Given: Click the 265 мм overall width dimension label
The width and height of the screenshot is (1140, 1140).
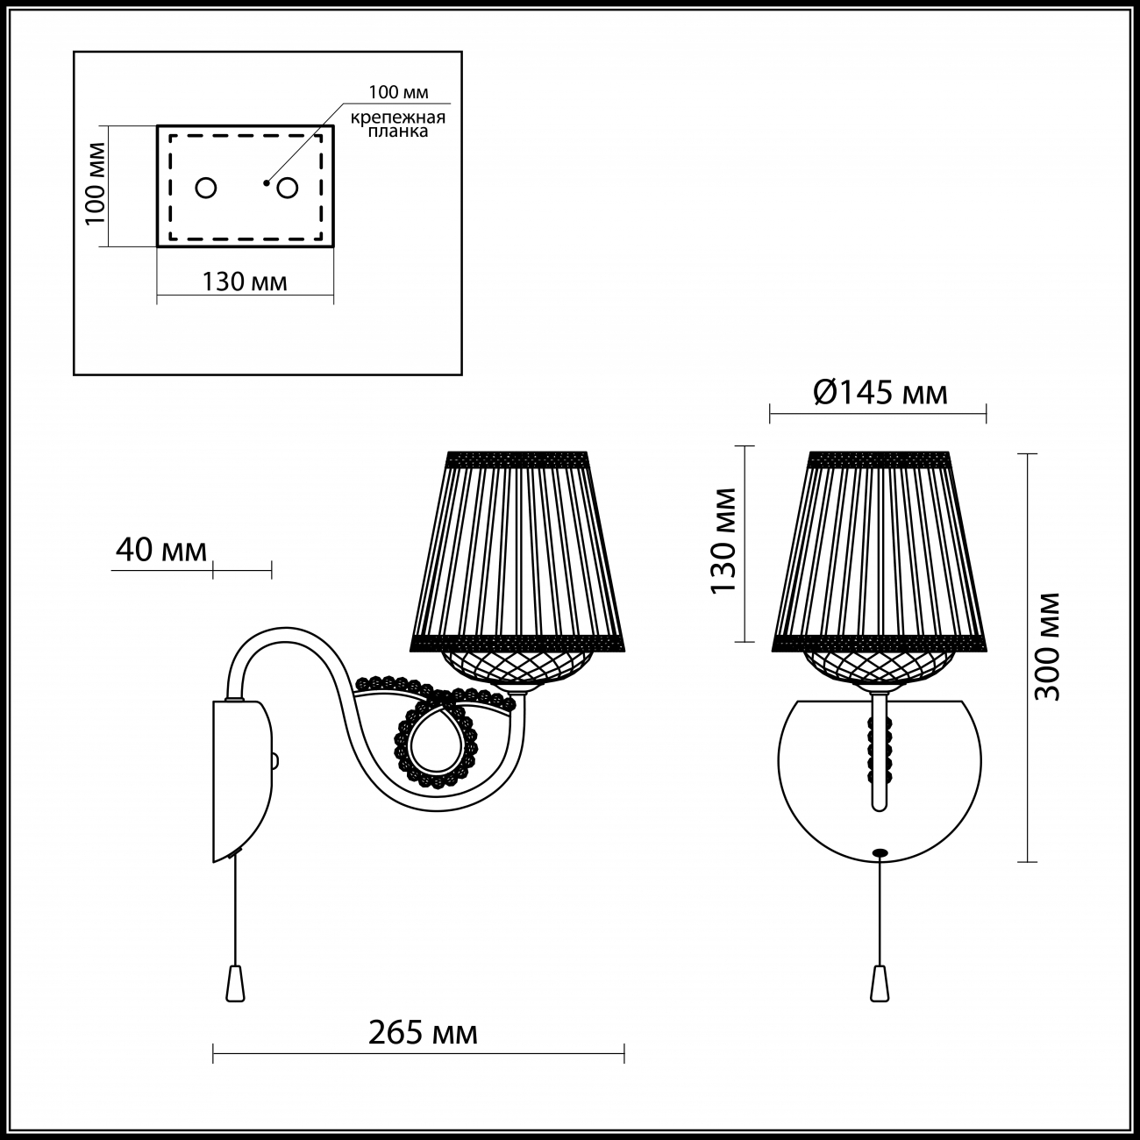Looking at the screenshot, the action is click(x=423, y=1034).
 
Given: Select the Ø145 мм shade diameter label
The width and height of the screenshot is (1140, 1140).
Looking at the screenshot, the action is click(x=880, y=392).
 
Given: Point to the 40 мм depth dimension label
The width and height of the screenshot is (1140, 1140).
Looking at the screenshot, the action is click(x=160, y=550).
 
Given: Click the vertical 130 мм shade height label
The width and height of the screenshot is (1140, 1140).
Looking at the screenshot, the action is click(x=723, y=541).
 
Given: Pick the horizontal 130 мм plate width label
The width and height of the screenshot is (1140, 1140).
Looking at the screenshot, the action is click(x=245, y=282).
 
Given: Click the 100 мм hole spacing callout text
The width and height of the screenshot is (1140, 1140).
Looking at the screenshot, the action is click(x=398, y=92).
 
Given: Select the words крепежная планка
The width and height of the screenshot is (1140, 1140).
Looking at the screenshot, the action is click(x=398, y=124).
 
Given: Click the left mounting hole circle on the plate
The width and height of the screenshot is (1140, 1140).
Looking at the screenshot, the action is click(x=206, y=189).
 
